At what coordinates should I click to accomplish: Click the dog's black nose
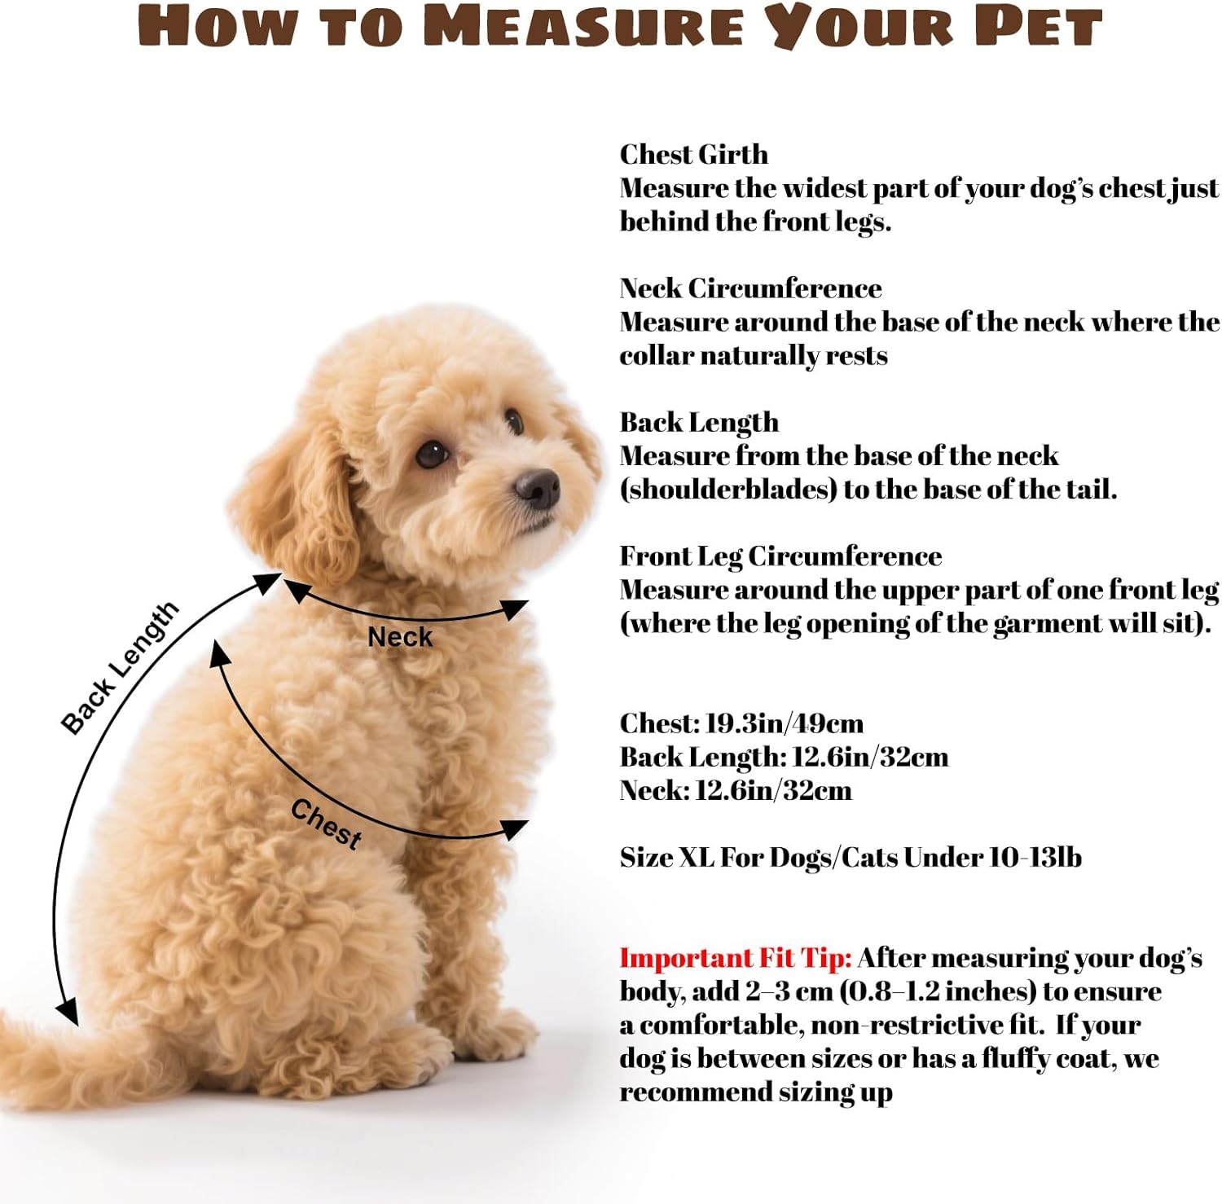[x=538, y=486]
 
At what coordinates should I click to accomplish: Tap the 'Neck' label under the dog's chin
[x=399, y=637]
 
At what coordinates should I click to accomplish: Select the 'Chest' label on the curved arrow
[x=326, y=824]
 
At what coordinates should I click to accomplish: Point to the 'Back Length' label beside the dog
[x=120, y=668]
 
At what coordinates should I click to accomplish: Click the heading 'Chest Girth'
[x=693, y=154]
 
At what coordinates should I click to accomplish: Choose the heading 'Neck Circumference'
[x=750, y=288]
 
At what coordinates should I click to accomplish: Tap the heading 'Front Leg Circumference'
[x=780, y=556]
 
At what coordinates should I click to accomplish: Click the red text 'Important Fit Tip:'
[x=736, y=958]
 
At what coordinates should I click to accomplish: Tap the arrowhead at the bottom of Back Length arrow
[x=68, y=1012]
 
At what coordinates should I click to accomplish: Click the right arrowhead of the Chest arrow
[x=514, y=829]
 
